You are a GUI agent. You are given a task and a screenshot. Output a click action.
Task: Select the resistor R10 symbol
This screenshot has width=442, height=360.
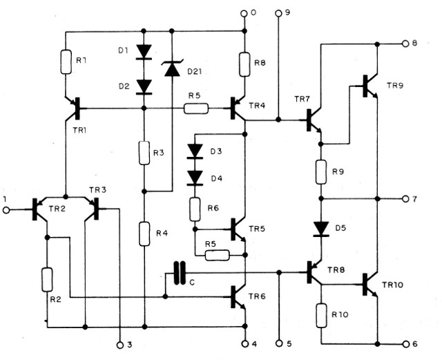322,315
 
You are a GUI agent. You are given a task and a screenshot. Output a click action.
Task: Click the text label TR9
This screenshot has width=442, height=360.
396,85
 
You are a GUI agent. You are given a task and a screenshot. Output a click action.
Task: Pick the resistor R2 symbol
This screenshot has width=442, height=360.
46,279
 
